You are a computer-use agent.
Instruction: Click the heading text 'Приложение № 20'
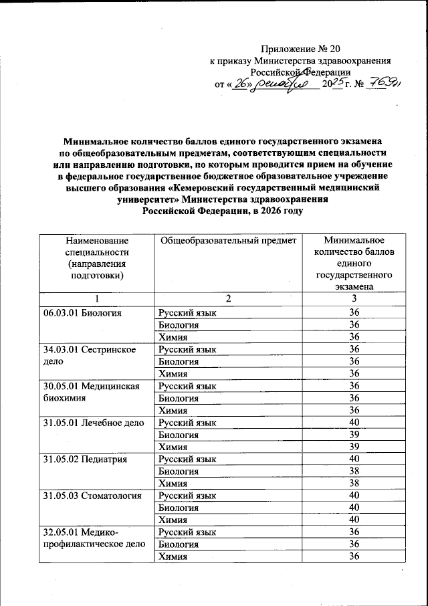(x=300, y=48)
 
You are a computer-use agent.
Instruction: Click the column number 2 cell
(x=227, y=298)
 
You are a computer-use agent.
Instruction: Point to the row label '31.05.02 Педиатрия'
(x=84, y=459)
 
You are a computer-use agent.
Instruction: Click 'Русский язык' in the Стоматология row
(x=187, y=495)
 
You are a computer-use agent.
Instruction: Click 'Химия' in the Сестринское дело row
(x=172, y=373)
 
